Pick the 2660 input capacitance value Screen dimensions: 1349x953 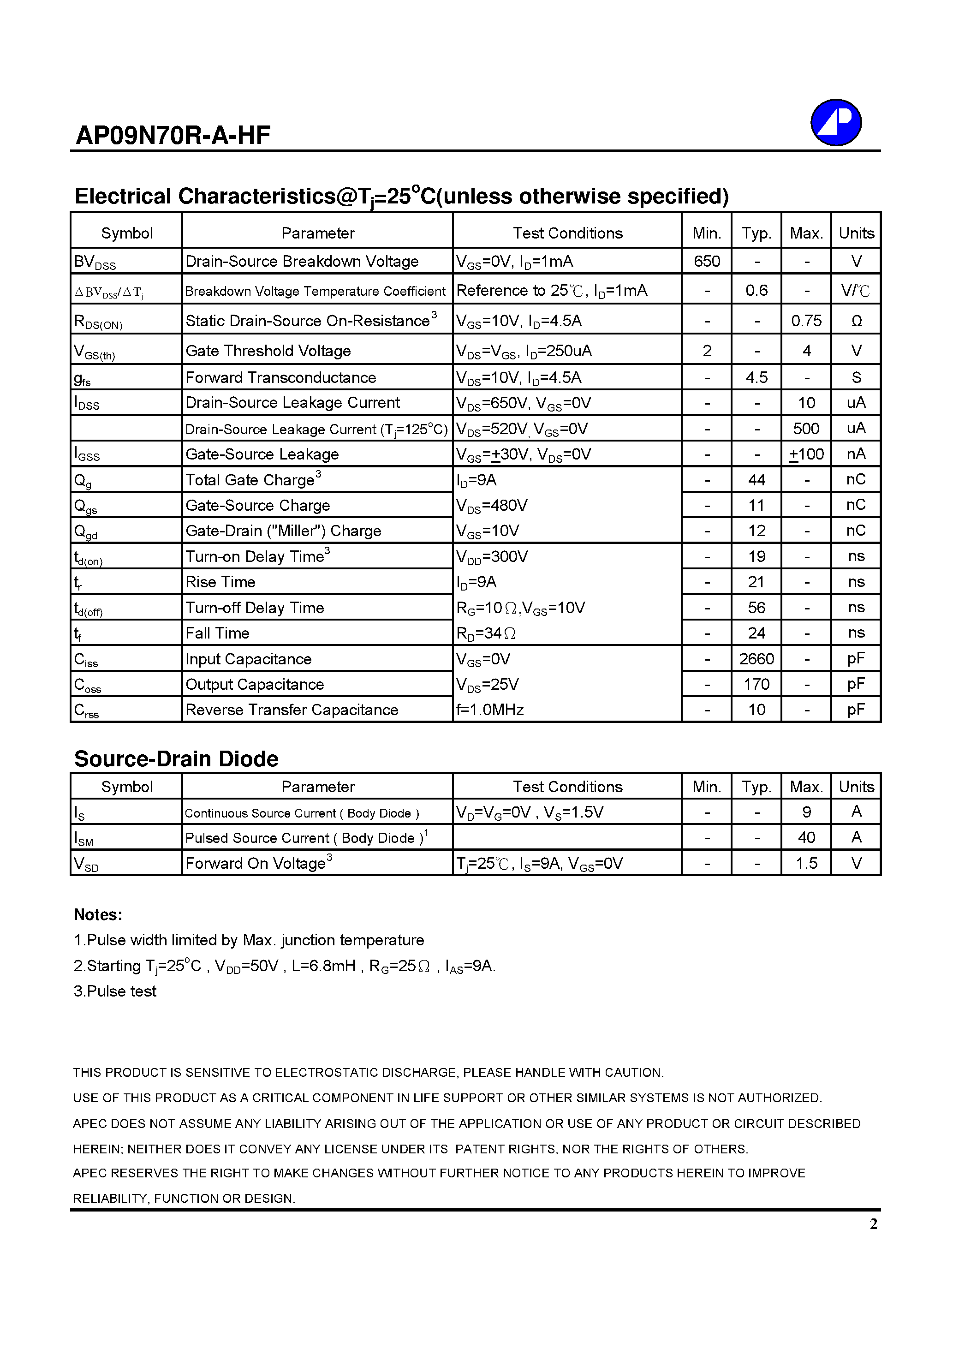756,659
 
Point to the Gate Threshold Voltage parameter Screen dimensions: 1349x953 268,351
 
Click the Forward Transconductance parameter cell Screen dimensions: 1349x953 280,377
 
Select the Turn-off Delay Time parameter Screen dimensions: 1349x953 255,608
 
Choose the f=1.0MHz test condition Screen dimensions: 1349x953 490,710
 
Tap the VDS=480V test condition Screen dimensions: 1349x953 492,505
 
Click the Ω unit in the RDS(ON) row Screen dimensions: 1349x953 856,321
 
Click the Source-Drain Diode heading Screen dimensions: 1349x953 176,758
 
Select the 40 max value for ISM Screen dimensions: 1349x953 806,837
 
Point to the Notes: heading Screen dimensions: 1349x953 98,915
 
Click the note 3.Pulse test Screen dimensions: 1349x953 115,991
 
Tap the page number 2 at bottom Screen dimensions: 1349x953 873,1224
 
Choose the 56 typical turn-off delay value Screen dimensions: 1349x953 756,608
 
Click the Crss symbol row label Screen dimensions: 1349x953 86,711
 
